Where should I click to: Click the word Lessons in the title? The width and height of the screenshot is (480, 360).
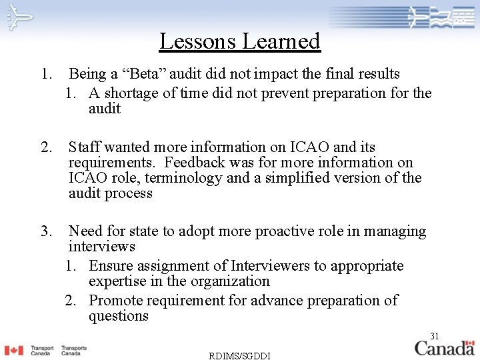tap(197, 41)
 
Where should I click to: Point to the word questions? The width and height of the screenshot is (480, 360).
tap(119, 316)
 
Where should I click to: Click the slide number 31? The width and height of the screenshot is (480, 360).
tap(435, 335)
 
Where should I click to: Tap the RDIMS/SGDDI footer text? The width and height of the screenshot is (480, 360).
tap(239, 355)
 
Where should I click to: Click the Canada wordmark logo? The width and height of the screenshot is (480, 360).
tap(445, 347)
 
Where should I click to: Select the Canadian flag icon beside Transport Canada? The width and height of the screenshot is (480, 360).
tap(13, 350)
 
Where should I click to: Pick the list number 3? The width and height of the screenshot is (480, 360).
tap(46, 231)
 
